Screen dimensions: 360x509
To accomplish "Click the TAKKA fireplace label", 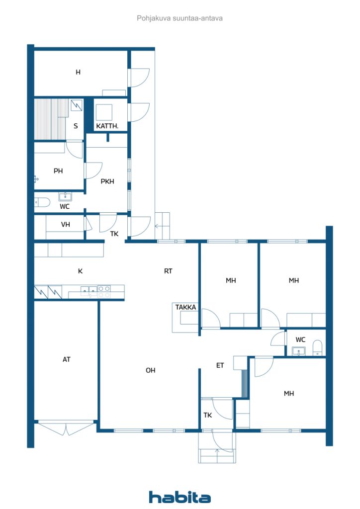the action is pyautogui.click(x=185, y=307).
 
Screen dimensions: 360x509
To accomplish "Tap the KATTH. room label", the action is pyautogui.click(x=107, y=126).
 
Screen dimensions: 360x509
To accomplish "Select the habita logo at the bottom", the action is pyautogui.click(x=180, y=497).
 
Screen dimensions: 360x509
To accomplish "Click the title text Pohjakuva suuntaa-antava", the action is pyautogui.click(x=180, y=18).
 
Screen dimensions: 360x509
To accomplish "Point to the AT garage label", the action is pyautogui.click(x=67, y=359).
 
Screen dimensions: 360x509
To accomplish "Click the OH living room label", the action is pyautogui.click(x=150, y=370).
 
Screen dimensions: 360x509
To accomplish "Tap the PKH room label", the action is pyautogui.click(x=107, y=181).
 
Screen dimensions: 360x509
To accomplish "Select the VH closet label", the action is pyautogui.click(x=66, y=224).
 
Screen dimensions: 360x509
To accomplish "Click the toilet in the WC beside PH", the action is pyautogui.click(x=42, y=203).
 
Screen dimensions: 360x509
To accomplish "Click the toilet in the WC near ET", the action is pyautogui.click(x=317, y=348).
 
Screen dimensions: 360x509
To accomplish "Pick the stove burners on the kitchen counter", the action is pyautogui.click(x=104, y=291).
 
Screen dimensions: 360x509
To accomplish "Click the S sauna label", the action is pyautogui.click(x=76, y=126).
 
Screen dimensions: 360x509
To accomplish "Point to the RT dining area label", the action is pyautogui.click(x=168, y=271).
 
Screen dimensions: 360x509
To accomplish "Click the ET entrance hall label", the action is pyautogui.click(x=220, y=365).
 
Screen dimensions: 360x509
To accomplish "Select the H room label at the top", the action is pyautogui.click(x=78, y=72).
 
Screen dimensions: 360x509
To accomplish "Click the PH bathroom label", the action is pyautogui.click(x=58, y=171).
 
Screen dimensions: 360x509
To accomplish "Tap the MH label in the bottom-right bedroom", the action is pyautogui.click(x=289, y=394).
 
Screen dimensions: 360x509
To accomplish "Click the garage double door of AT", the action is pyautogui.click(x=66, y=428).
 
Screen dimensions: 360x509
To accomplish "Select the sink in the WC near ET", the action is pyautogui.click(x=299, y=351).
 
